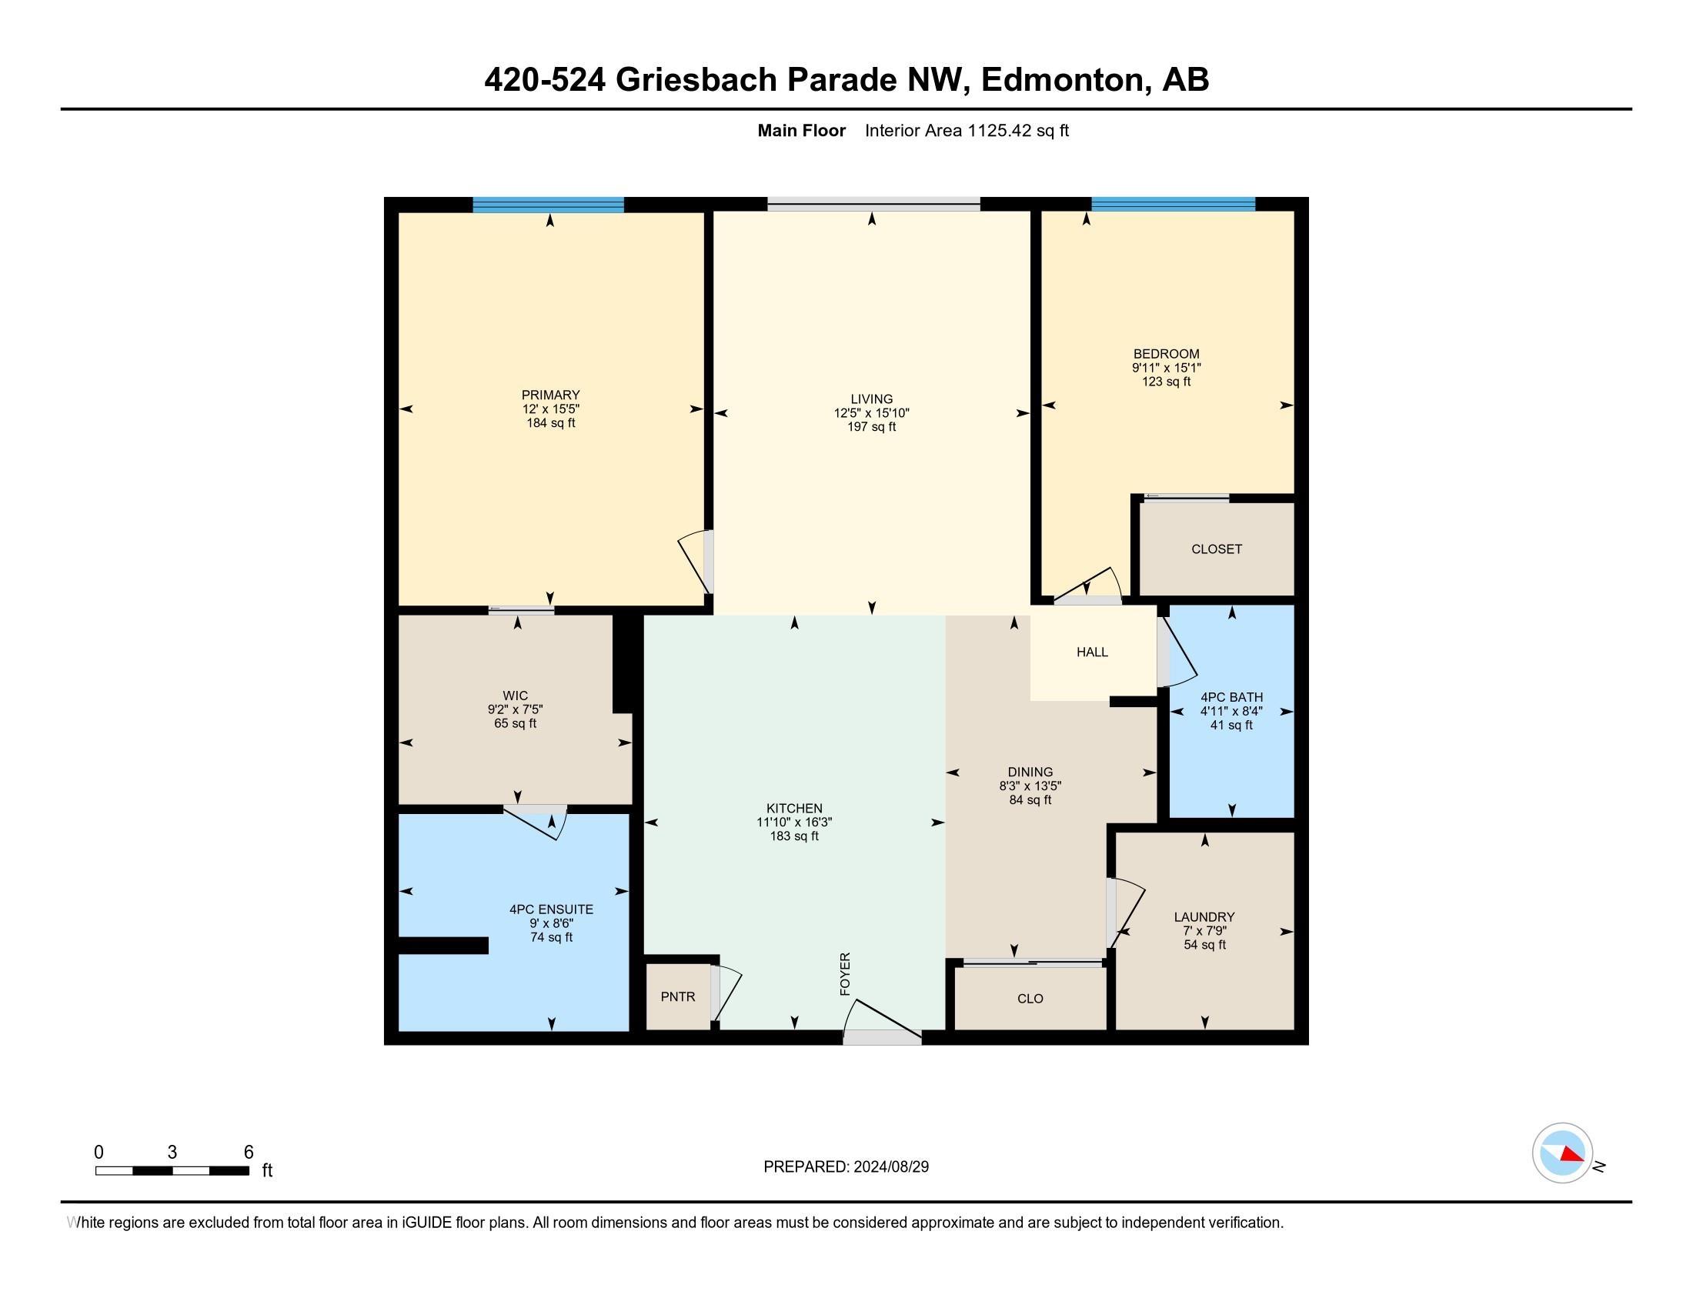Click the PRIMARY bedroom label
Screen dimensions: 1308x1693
550,395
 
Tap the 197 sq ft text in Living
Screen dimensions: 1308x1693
871,427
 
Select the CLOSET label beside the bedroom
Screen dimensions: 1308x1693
1216,549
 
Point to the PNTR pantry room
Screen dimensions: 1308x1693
677,996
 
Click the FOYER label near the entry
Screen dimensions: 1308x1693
845,974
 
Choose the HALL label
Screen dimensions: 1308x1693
1091,652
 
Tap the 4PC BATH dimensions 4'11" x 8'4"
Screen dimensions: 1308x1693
1231,712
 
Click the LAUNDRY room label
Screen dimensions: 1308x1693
1204,916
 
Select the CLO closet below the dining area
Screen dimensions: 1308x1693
1030,999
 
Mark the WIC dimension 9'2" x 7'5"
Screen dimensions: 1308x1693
515,709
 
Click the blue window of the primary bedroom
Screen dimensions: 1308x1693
548,205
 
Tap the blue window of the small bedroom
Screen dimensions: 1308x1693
1172,205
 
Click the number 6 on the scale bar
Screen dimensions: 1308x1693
248,1153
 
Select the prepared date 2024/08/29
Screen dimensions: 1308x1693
890,1167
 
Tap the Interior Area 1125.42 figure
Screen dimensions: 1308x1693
999,131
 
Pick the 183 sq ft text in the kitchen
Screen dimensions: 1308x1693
794,836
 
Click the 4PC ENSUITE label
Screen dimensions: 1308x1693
551,909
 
